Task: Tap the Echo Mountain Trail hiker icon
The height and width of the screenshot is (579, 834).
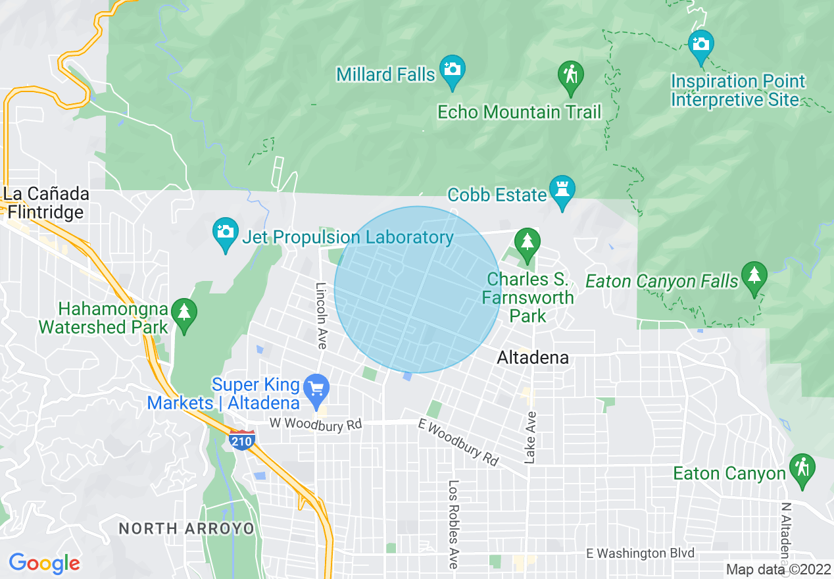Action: click(570, 75)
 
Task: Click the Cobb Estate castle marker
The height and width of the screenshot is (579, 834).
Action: click(562, 189)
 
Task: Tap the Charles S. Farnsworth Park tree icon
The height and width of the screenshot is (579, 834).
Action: click(526, 243)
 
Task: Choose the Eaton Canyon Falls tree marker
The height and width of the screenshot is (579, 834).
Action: click(754, 276)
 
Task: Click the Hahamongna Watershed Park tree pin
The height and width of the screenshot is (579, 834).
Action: click(184, 312)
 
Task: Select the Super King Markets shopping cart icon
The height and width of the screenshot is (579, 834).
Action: click(317, 388)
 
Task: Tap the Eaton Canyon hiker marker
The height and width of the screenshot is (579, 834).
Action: click(802, 468)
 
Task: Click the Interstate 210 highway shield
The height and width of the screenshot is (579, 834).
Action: click(243, 440)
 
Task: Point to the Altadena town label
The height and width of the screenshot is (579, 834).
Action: click(533, 357)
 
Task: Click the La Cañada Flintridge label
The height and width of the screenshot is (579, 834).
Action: click(45, 203)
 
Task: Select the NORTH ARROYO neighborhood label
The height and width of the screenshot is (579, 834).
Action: click(186, 528)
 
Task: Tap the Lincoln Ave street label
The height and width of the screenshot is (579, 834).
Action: click(321, 316)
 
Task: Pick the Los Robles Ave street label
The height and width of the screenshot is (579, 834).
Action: click(453, 524)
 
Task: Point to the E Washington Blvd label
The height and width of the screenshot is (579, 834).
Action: click(641, 553)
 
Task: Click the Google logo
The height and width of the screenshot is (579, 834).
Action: click(44, 563)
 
